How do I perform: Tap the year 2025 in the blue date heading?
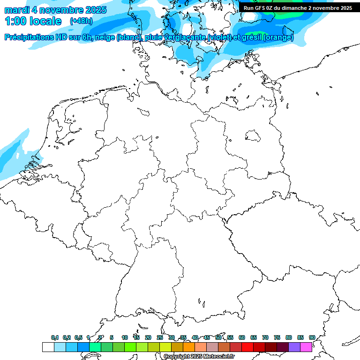[93, 10]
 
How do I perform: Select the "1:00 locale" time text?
[33, 21]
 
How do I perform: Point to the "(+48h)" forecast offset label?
[81, 21]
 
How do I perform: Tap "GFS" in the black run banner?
[262, 8]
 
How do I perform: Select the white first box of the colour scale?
[48, 347]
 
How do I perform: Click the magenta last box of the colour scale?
[306, 347]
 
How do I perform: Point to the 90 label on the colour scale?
[312, 337]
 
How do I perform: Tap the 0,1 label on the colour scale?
[55, 337]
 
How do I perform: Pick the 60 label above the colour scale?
[242, 337]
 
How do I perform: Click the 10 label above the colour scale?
[125, 337]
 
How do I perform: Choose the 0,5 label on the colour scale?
[78, 337]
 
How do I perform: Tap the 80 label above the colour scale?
[289, 337]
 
